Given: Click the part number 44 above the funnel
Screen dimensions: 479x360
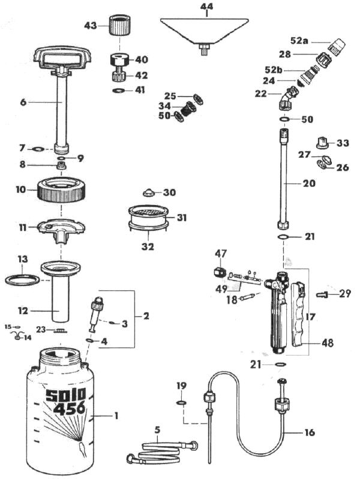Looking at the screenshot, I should [x=206, y=7].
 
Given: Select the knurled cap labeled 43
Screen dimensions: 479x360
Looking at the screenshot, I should [x=120, y=27].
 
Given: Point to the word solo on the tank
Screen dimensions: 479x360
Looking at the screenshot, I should [x=66, y=394].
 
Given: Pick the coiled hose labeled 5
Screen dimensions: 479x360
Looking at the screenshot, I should [x=160, y=451].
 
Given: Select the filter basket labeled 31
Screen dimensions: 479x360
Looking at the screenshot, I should [x=149, y=216].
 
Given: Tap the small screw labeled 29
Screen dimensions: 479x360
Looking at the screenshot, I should [x=323, y=294].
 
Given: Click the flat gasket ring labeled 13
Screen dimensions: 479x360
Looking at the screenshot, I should [x=22, y=279].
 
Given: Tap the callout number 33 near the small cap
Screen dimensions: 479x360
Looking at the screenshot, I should [x=343, y=144].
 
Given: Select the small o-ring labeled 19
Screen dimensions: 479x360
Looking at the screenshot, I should [x=181, y=403].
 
